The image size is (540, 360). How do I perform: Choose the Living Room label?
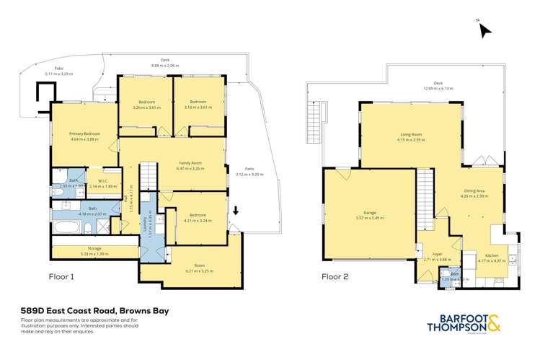coord(410,135)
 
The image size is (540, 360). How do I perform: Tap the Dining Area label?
coord(475,191)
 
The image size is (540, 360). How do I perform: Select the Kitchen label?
coord(492,255)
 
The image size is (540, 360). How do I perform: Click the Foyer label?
coord(437,255)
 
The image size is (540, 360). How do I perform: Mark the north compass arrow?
coord(484,30)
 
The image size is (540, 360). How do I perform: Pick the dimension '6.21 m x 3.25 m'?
coord(191,271)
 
